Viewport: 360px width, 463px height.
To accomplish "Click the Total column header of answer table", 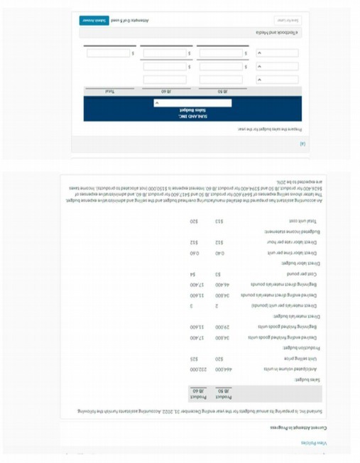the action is pos(110,92).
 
